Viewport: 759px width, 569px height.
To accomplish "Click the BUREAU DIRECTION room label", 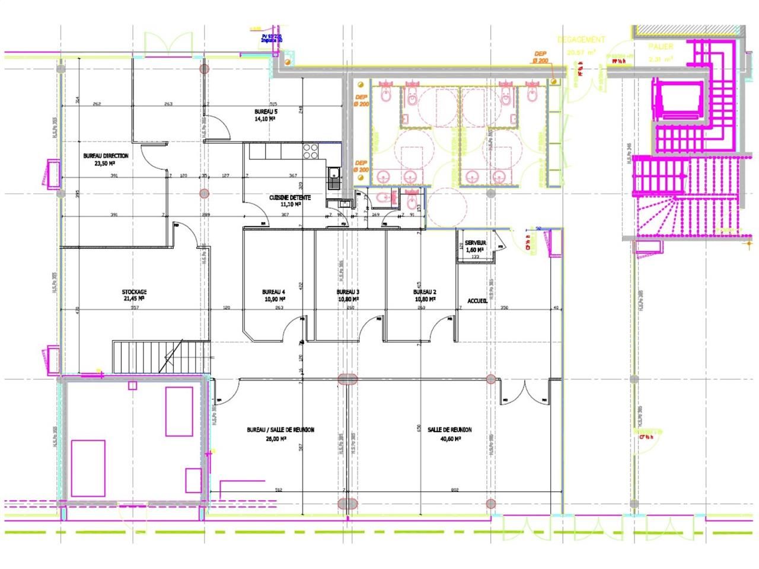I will (106, 156).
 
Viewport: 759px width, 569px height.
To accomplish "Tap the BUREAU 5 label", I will (266, 111).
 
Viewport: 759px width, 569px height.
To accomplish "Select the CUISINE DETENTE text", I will (290, 197).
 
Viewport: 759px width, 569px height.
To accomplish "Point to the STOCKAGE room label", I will (134, 292).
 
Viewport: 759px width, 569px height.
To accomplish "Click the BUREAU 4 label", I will (273, 292).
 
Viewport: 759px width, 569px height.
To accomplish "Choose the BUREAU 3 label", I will (348, 292).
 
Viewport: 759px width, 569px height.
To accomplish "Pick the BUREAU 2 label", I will (425, 292).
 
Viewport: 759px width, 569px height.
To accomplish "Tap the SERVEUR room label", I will (476, 243).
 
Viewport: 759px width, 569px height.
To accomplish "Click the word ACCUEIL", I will (477, 301).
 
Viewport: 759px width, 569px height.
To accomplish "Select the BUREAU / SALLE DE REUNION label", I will (280, 430).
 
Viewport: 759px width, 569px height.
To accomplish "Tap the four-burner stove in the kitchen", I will (311, 152).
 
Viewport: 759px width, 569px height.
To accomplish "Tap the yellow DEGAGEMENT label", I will (581, 40).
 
